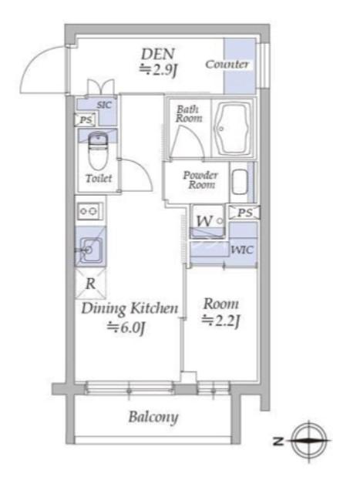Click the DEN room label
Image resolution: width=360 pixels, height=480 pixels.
(x=158, y=54)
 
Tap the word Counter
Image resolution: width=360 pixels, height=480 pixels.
(x=227, y=64)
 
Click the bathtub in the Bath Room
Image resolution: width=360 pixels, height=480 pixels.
(x=232, y=129)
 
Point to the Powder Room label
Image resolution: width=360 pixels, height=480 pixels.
(x=200, y=180)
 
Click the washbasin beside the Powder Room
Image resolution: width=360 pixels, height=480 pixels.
(x=240, y=183)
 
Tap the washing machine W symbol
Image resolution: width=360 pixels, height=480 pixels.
(x=204, y=220)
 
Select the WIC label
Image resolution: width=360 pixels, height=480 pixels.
(x=242, y=250)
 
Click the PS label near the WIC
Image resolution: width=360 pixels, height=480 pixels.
(x=245, y=213)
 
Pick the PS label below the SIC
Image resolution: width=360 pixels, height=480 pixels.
(x=86, y=120)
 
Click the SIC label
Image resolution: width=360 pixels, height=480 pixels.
(x=104, y=106)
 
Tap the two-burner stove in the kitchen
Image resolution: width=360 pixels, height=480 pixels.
(x=90, y=211)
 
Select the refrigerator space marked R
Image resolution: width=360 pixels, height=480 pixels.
(x=91, y=284)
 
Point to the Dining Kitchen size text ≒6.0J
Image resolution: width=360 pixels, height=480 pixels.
(x=126, y=328)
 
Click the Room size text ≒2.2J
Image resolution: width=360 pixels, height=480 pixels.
(x=220, y=321)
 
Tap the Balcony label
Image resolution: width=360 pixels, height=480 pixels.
(x=153, y=417)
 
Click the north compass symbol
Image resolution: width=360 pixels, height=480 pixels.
(x=308, y=441)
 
